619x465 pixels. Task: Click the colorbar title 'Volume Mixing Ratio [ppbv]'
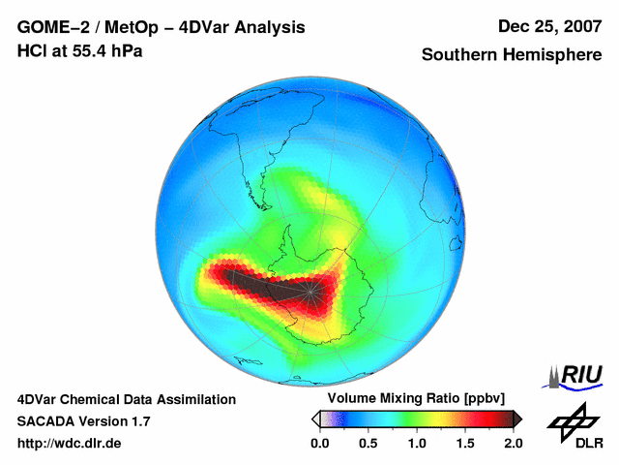[x=412, y=398]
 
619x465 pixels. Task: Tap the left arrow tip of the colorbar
[x=314, y=418]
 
